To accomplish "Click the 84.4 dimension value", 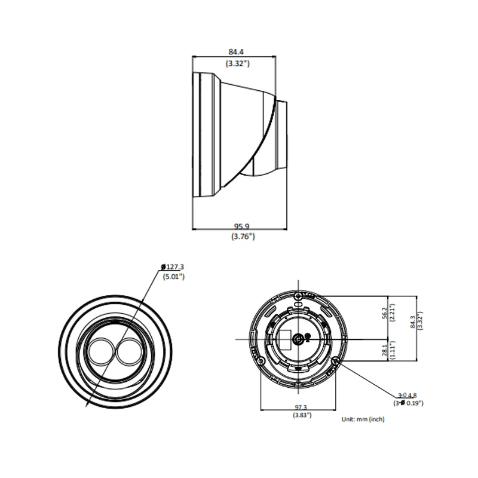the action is coord(236,52).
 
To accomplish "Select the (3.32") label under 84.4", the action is coord(237,63).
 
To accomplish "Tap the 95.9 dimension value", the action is coord(241,226).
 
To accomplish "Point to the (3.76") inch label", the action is coord(243,236).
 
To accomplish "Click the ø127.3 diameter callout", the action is coord(173,266).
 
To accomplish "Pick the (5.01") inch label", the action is coord(174,277).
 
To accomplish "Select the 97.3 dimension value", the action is coord(301,407).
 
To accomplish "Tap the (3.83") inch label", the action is coord(302,415).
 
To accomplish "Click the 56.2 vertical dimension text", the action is coord(384,312).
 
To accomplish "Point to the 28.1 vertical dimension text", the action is coord(384,350).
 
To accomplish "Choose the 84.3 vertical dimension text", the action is coord(413,322).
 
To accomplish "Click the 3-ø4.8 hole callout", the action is coord(407,395).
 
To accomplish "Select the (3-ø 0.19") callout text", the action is coord(408,403).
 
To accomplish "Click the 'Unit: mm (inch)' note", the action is coord(363,419).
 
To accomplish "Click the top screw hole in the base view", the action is coord(298,296).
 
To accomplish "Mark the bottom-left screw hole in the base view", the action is coord(261,361).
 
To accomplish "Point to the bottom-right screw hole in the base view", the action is coord(336,361).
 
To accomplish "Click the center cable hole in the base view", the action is coord(298,339).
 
